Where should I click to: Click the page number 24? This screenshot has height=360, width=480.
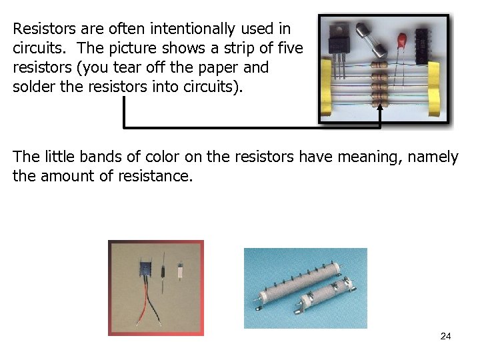click(445, 336)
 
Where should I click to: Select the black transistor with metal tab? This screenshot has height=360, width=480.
click(339, 40)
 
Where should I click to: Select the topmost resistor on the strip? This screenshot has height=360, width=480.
click(381, 65)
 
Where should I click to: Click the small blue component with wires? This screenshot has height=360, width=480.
click(144, 270)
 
